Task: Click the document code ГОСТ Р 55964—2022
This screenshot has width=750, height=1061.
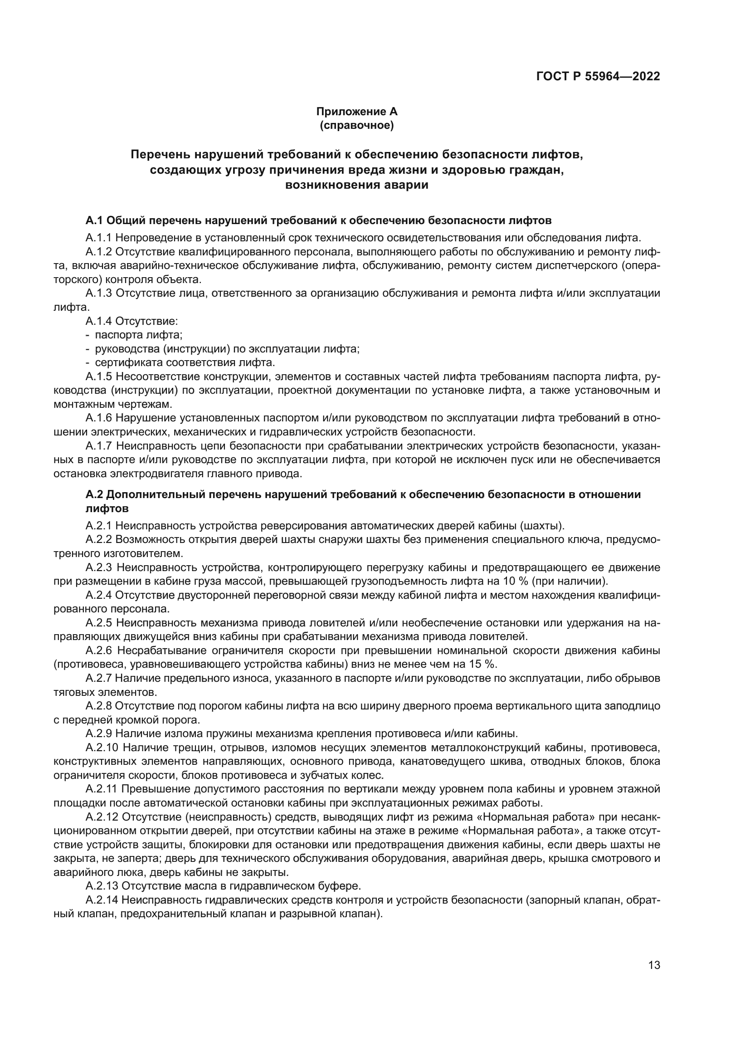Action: click(x=598, y=77)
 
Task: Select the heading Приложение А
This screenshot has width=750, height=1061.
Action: click(x=356, y=112)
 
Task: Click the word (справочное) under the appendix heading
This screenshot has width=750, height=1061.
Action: click(x=356, y=125)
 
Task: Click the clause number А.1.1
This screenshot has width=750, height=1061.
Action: click(x=98, y=238)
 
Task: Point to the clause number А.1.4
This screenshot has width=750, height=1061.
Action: click(x=98, y=321)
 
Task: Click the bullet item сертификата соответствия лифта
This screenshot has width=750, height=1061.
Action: click(x=185, y=362)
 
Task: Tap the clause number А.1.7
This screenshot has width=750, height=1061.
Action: click(x=99, y=446)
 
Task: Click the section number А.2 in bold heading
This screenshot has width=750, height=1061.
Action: click(x=95, y=494)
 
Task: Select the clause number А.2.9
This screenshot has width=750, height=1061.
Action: click(x=98, y=733)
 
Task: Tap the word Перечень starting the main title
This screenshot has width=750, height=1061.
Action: click(x=160, y=154)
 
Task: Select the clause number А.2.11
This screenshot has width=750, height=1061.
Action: click(x=102, y=789)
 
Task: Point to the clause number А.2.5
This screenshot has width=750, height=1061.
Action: click(x=99, y=623)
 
